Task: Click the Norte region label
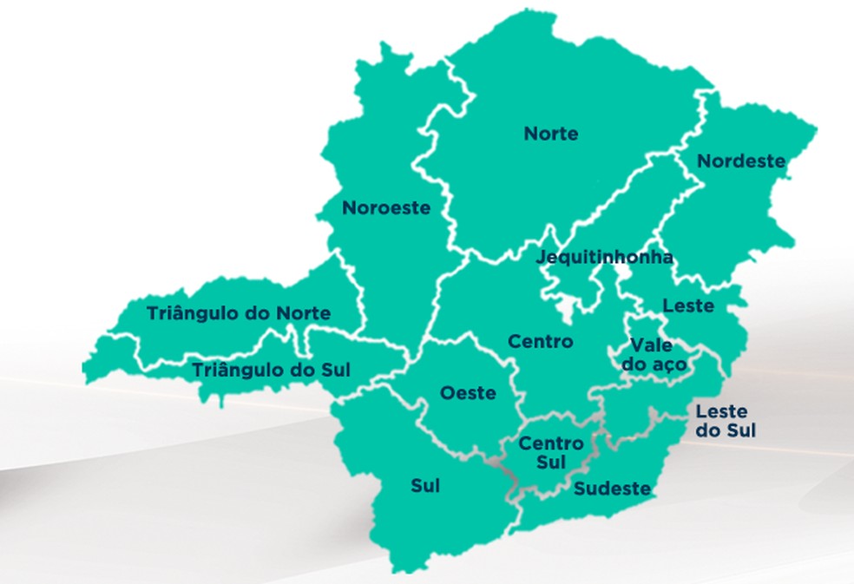[551, 134]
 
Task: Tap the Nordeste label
[741, 161]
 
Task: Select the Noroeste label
[386, 208]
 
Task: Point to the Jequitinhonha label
[604, 258]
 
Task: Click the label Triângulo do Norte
[239, 313]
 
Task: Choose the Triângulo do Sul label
[271, 371]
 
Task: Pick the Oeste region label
[468, 393]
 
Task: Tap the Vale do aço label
[654, 355]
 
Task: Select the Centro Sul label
[551, 453]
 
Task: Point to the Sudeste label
[612, 489]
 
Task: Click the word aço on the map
[668, 365]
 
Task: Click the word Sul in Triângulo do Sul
[335, 371]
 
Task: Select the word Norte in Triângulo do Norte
[303, 313]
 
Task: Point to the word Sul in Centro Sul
[551, 463]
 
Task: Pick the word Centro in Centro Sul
[551, 443]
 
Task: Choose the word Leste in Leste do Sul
[721, 411]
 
